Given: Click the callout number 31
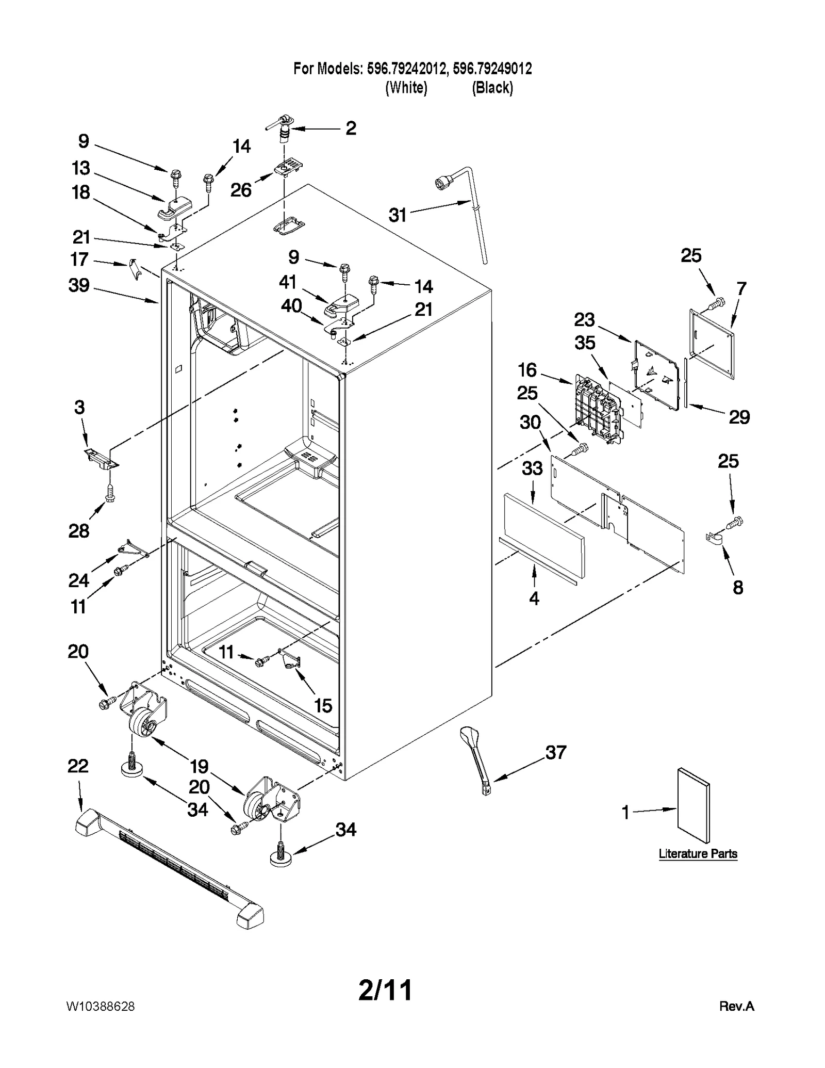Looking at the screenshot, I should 398,215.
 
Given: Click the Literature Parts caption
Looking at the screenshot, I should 698,854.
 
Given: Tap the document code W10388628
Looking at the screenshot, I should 100,1007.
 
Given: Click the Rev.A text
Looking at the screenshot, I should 736,1006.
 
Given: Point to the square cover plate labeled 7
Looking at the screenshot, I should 712,343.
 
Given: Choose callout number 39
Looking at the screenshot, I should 79,285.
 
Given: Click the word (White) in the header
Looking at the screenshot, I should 406,88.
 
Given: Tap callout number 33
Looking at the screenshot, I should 532,468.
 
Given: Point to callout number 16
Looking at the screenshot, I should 527,370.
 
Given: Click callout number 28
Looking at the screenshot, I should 79,530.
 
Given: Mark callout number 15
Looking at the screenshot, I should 323,705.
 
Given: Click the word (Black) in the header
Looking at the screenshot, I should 492,88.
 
